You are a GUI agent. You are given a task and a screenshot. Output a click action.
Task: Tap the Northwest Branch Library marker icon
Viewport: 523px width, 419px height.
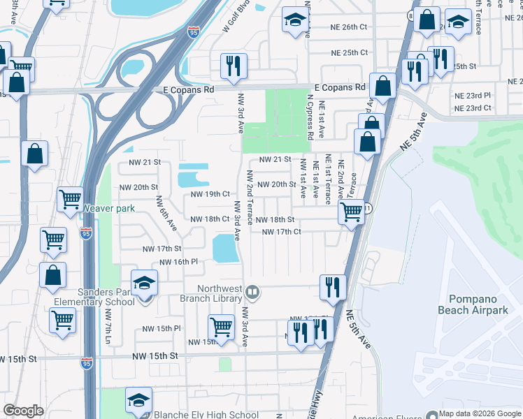click(x=253, y=292)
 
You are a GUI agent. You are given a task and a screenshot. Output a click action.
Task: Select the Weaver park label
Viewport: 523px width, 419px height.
click(x=108, y=208)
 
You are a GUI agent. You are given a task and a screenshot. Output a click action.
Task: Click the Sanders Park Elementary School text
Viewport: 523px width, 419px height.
click(x=94, y=297)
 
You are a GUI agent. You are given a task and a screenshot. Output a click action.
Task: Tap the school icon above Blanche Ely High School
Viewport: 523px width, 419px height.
click(x=138, y=400)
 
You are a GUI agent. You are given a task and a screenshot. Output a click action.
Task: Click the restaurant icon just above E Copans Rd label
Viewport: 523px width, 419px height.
click(x=233, y=66)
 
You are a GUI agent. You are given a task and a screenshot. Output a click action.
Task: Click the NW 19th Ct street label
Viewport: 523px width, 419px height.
click(x=208, y=193)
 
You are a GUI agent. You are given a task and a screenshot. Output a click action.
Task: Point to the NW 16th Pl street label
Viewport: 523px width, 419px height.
click(x=179, y=262)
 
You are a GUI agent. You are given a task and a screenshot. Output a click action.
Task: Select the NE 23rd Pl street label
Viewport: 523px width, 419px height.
click(x=473, y=95)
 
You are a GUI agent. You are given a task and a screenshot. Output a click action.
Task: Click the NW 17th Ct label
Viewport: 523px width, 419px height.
click(x=281, y=232)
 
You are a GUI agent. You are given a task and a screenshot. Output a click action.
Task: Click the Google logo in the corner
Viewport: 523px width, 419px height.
click(x=24, y=411)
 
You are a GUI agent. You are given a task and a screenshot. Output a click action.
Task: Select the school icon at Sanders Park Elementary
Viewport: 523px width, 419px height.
click(x=144, y=283)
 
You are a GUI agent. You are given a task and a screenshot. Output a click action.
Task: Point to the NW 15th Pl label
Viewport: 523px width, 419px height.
click(x=162, y=328)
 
